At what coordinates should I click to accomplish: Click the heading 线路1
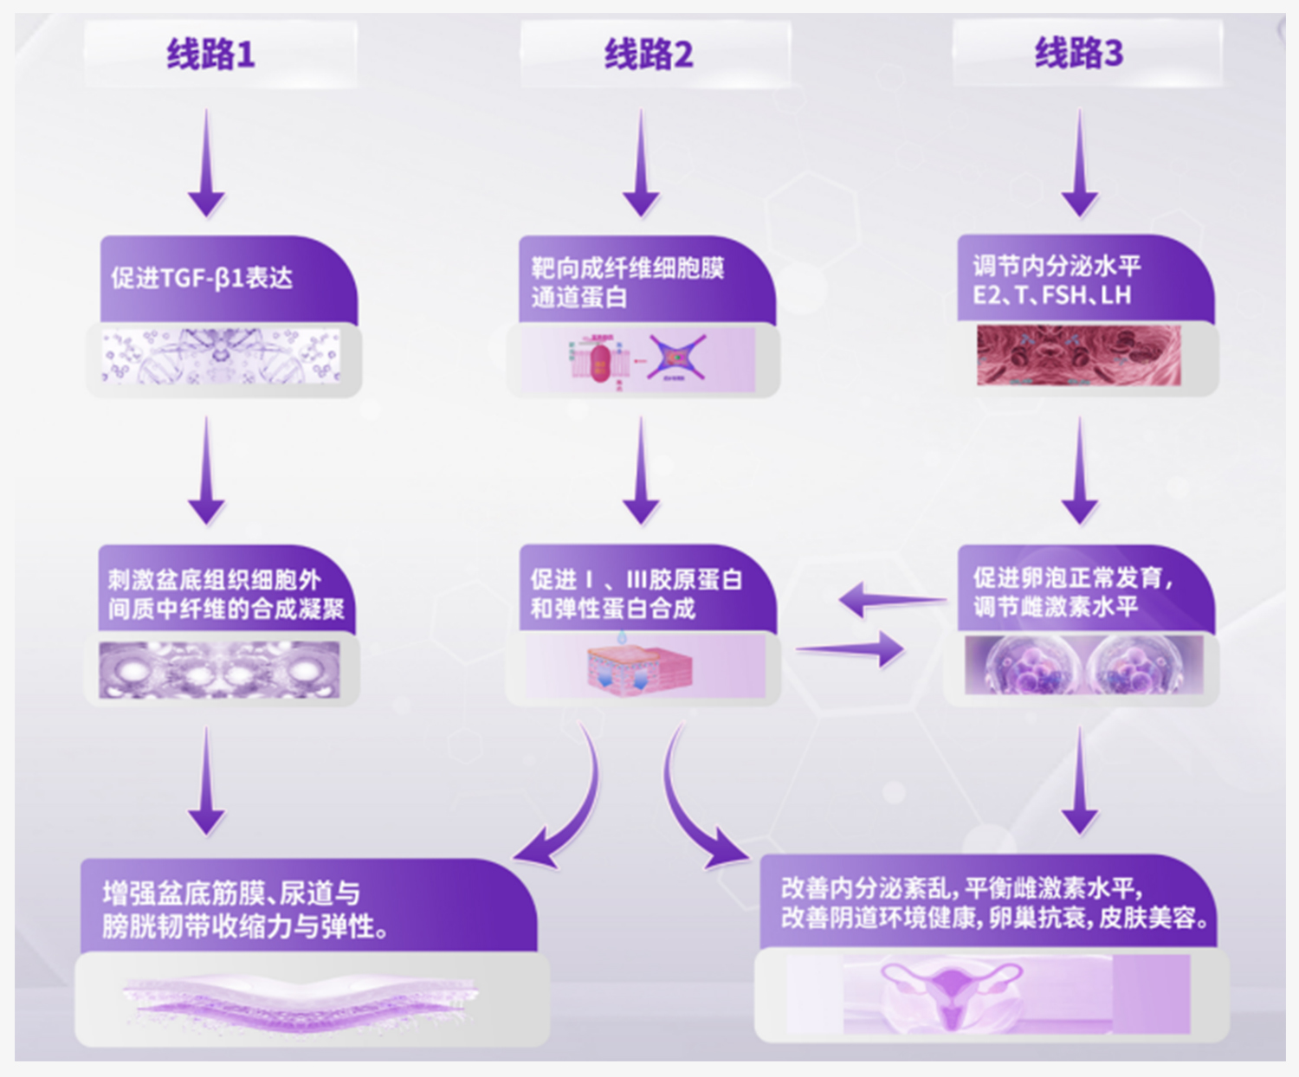(210, 55)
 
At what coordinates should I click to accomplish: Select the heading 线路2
(649, 55)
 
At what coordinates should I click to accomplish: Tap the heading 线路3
(1079, 53)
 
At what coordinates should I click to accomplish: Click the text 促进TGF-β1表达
(202, 278)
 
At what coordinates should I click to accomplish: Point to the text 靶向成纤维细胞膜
(628, 268)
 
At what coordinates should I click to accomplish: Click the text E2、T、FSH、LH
(1052, 296)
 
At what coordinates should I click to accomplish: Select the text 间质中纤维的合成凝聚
(226, 609)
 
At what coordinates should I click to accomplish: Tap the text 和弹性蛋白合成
(613, 609)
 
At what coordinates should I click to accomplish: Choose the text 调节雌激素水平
(1056, 607)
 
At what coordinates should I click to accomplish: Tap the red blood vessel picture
(1078, 355)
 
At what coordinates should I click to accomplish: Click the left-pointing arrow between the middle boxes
(892, 599)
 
